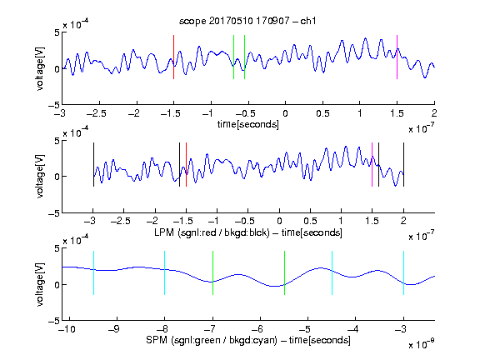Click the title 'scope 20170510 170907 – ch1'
pyautogui.click(x=247, y=21)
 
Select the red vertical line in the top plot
pyautogui.click(x=173, y=57)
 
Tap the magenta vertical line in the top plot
pyautogui.click(x=397, y=57)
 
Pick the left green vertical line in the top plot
pyautogui.click(x=233, y=57)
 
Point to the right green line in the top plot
pyautogui.click(x=244, y=57)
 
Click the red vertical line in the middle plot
pyautogui.click(x=186, y=165)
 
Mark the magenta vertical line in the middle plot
pyautogui.click(x=372, y=165)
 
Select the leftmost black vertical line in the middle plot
pyautogui.click(x=93, y=165)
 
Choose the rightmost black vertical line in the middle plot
pyautogui.click(x=403, y=165)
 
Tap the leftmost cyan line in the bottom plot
pyautogui.click(x=93, y=273)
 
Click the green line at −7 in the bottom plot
pyautogui.click(x=212, y=273)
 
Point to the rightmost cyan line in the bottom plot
pyautogui.click(x=403, y=273)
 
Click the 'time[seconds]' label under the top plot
pyautogui.click(x=248, y=124)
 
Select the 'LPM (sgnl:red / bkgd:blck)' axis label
pyautogui.click(x=212, y=232)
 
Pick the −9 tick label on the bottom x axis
pyautogui.click(x=114, y=329)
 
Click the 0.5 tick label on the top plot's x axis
pyautogui.click(x=322, y=113)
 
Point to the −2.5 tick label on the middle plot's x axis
pyautogui.click(x=121, y=221)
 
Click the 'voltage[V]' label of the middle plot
pyautogui.click(x=40, y=177)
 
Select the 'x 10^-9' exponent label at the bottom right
pyautogui.click(x=422, y=344)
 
